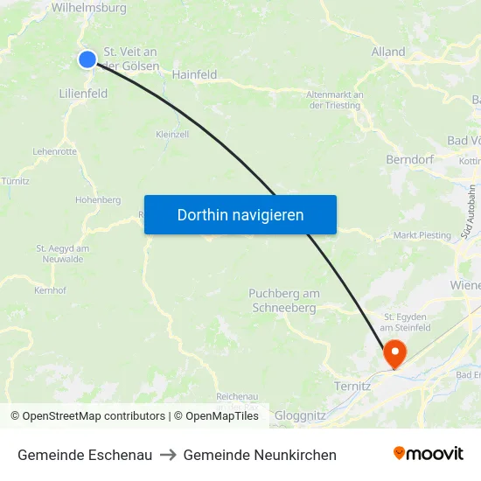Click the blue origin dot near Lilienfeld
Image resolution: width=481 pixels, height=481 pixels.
click(x=87, y=59)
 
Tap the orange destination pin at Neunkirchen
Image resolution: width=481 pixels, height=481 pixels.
click(x=394, y=353)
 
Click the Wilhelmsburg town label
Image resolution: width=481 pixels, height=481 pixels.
click(x=88, y=8)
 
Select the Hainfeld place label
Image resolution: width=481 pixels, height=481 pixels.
click(x=194, y=75)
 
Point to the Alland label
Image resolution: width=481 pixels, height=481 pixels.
click(x=388, y=52)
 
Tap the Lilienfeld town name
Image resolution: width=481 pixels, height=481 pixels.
click(x=83, y=93)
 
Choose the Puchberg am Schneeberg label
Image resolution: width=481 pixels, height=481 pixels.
click(x=284, y=301)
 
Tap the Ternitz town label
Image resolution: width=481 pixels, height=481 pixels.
click(x=353, y=386)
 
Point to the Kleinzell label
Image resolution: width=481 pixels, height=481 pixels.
click(x=172, y=135)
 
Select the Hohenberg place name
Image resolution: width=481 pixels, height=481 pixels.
click(x=98, y=200)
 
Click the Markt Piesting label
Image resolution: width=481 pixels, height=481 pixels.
click(x=422, y=235)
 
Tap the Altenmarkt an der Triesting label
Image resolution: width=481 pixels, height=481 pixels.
click(x=335, y=100)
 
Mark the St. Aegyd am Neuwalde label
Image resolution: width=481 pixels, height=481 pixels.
click(x=59, y=254)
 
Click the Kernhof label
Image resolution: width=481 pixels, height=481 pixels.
click(x=50, y=290)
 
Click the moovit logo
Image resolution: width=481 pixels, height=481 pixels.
click(x=429, y=454)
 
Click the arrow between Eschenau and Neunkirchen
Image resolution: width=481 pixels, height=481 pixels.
click(x=168, y=455)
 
